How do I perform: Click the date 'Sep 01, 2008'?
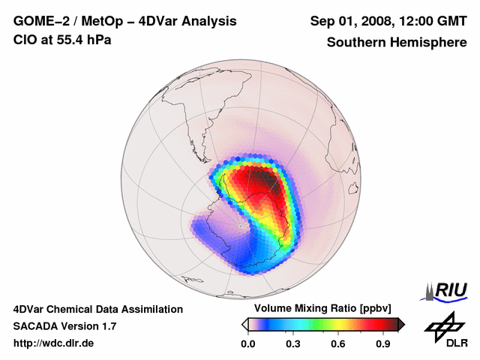349,21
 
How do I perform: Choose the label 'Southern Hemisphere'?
396,42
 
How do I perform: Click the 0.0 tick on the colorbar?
247,344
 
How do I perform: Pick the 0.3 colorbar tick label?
293,344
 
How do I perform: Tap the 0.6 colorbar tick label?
339,344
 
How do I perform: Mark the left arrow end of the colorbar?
244,324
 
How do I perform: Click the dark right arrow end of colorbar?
401,324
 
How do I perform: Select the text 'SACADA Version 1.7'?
64,326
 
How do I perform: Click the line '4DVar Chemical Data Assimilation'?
97,309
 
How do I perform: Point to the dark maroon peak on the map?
264,180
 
